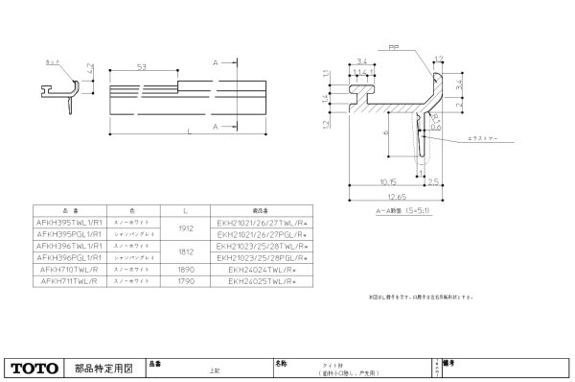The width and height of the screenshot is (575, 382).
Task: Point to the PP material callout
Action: click(x=394, y=44)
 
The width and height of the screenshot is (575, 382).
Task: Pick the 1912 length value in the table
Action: click(x=187, y=227)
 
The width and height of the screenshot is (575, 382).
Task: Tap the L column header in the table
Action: click(x=187, y=208)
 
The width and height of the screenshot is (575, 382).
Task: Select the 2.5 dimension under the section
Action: click(x=431, y=179)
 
